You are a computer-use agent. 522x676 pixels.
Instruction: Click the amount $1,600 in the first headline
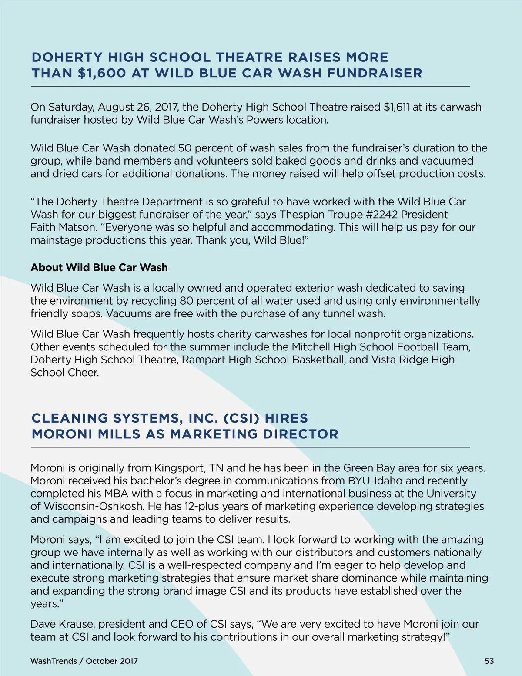(x=102, y=73)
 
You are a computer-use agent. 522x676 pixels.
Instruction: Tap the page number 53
(x=489, y=661)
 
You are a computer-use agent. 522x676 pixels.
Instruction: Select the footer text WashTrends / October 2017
(x=84, y=661)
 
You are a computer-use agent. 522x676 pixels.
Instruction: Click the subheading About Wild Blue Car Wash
(x=99, y=267)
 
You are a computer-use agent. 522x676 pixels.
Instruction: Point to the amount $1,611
(x=396, y=107)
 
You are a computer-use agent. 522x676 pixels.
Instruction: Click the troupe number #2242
(x=382, y=215)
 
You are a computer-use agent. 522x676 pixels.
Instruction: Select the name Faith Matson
(x=64, y=227)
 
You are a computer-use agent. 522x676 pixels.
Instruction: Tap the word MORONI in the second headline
(x=62, y=434)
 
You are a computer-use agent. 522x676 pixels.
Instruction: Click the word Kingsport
(x=179, y=468)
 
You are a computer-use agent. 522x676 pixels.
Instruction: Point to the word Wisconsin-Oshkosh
(x=94, y=506)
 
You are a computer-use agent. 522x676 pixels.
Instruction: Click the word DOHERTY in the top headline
(x=67, y=57)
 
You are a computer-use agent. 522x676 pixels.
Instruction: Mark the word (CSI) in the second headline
(x=241, y=418)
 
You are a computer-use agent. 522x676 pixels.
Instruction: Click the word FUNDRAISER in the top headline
(x=375, y=73)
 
